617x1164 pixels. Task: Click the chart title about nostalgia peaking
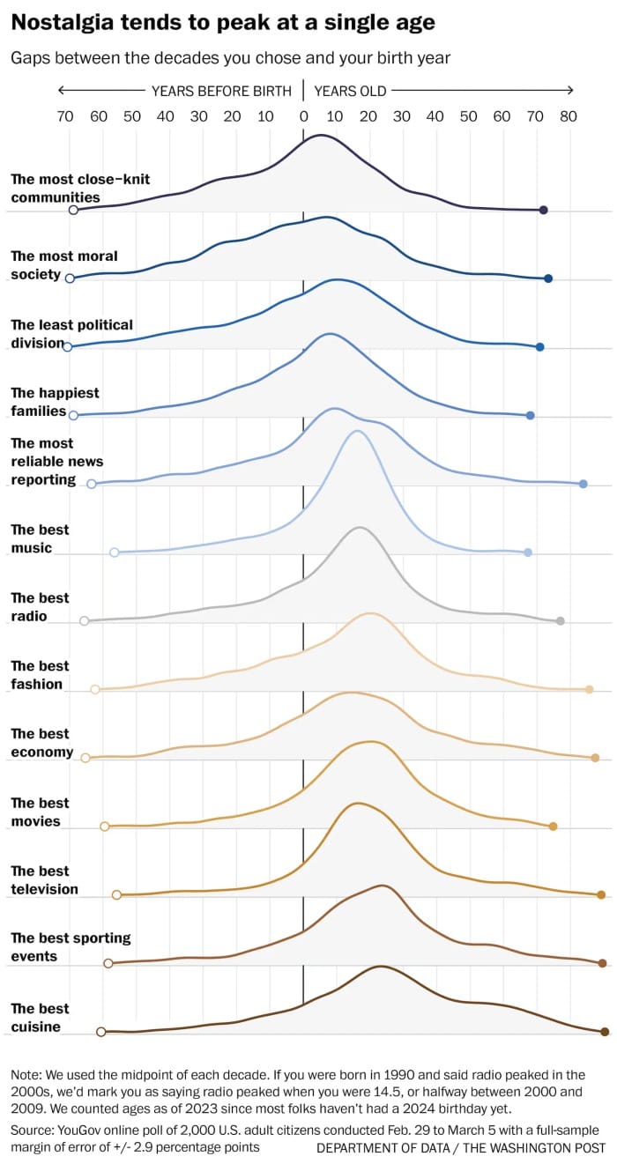(223, 23)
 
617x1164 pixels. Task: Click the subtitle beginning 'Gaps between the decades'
(231, 58)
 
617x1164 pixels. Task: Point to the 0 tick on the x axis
(303, 115)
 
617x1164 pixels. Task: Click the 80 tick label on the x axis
(569, 115)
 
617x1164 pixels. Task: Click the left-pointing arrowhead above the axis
(61, 90)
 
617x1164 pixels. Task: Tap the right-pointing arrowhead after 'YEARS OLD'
(570, 90)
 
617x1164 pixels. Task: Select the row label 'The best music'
(40, 538)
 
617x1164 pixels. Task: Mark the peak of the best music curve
(356, 431)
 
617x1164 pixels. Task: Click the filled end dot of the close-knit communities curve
(544, 210)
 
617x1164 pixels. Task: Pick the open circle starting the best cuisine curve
(101, 1032)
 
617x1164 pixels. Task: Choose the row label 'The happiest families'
(55, 402)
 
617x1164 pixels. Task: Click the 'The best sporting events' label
(71, 947)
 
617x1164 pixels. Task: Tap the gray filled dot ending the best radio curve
(560, 621)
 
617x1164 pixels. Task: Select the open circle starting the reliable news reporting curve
(92, 484)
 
